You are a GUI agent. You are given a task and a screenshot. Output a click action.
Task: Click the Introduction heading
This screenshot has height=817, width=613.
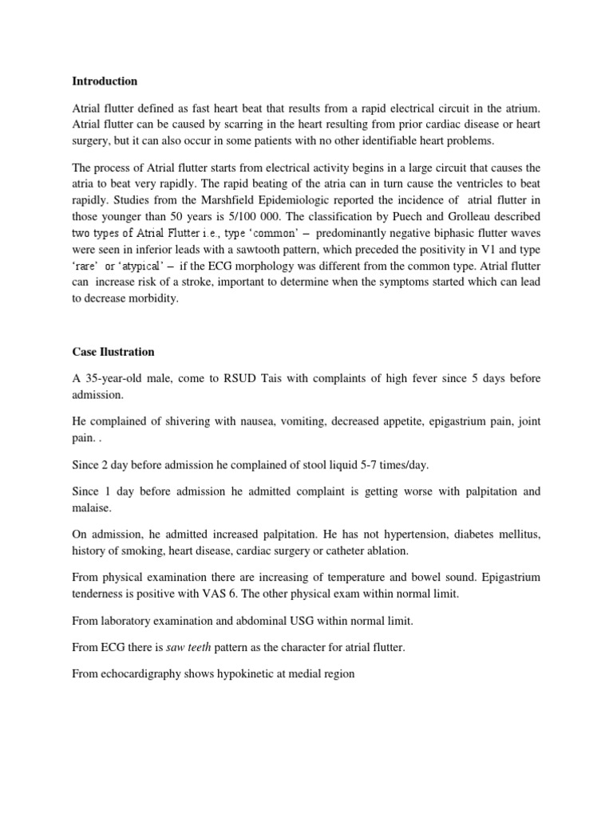pyautogui.click(x=105, y=81)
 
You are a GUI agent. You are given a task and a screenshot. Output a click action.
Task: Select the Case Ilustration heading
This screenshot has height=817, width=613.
pyautogui.click(x=113, y=352)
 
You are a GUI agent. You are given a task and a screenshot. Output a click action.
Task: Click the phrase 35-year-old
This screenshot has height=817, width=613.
pyautogui.click(x=117, y=378)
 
